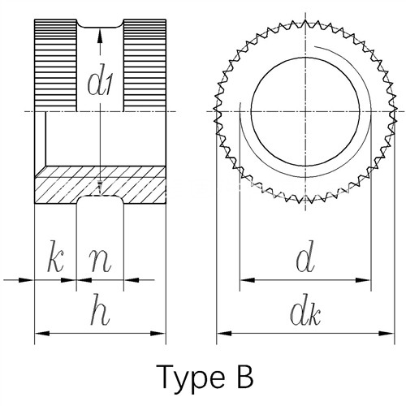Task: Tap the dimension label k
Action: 55,261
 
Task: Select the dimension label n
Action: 101,262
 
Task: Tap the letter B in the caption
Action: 245,376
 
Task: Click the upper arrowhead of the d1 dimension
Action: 100,36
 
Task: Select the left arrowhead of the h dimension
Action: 42,334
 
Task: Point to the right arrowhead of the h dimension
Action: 158,334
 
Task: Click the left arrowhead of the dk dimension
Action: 224,334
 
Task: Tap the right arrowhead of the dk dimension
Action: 387,334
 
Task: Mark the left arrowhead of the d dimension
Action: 248,280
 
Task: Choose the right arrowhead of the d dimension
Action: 363,280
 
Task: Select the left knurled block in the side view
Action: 56,65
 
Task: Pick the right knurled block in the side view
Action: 145,65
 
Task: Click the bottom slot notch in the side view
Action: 100,200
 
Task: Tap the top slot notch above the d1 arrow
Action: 100,24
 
